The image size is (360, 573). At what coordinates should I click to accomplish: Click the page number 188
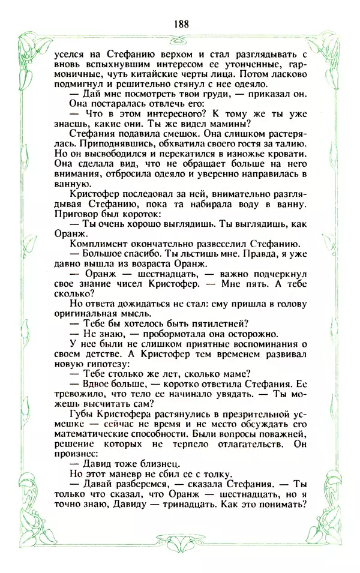180,24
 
